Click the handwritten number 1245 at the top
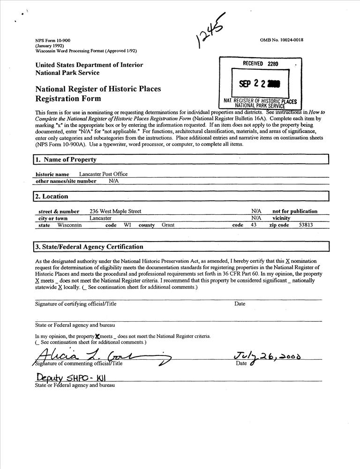(x=210, y=31)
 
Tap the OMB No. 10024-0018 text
(x=281, y=40)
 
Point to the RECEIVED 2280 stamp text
(x=260, y=63)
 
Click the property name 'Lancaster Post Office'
(x=103, y=174)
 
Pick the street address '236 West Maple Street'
(x=115, y=212)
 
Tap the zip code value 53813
(x=306, y=225)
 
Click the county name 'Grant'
(x=168, y=225)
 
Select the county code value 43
(x=254, y=225)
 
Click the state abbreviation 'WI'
(x=127, y=225)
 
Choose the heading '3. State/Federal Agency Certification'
(x=90, y=247)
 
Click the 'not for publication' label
(x=295, y=212)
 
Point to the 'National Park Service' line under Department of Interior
(x=67, y=73)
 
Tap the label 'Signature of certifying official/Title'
(x=76, y=304)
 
